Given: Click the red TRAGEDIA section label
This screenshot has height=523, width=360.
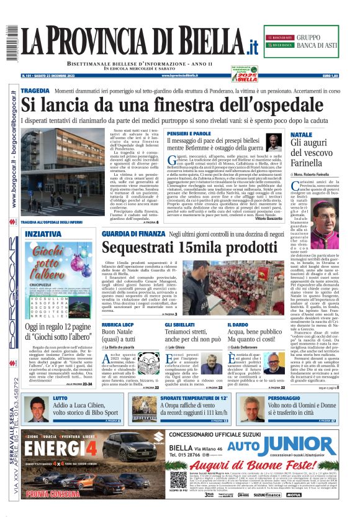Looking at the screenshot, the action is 35,91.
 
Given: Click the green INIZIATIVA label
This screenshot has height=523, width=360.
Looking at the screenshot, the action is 43,234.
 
